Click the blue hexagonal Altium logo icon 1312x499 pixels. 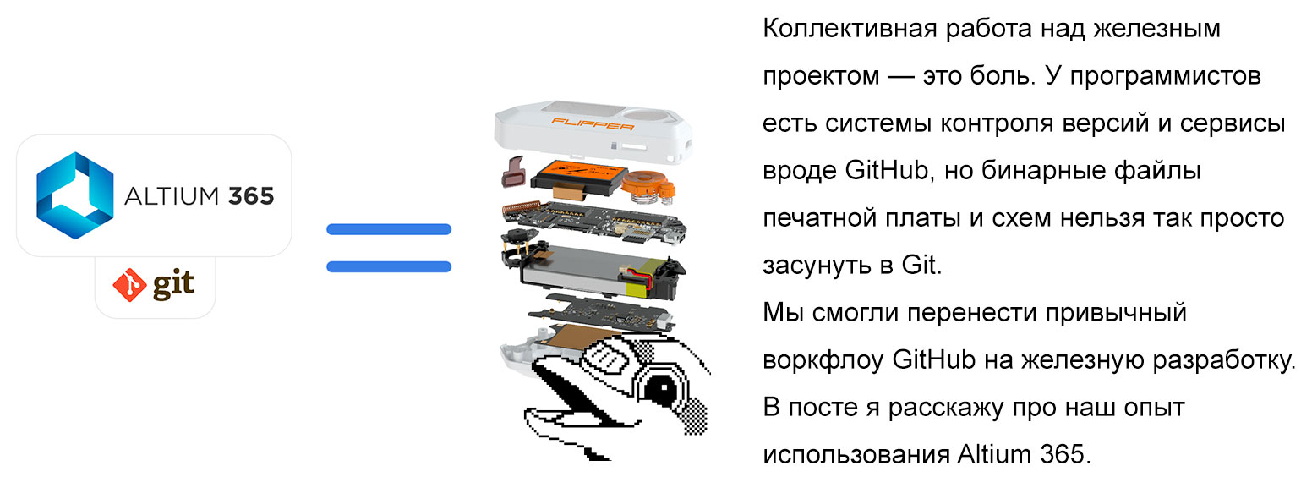pos(74,190)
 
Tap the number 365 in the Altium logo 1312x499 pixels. pos(251,197)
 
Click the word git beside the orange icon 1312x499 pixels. pos(172,286)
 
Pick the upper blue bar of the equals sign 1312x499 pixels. pos(389,229)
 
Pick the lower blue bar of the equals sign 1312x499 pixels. pos(389,266)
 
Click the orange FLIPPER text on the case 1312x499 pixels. pos(592,123)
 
